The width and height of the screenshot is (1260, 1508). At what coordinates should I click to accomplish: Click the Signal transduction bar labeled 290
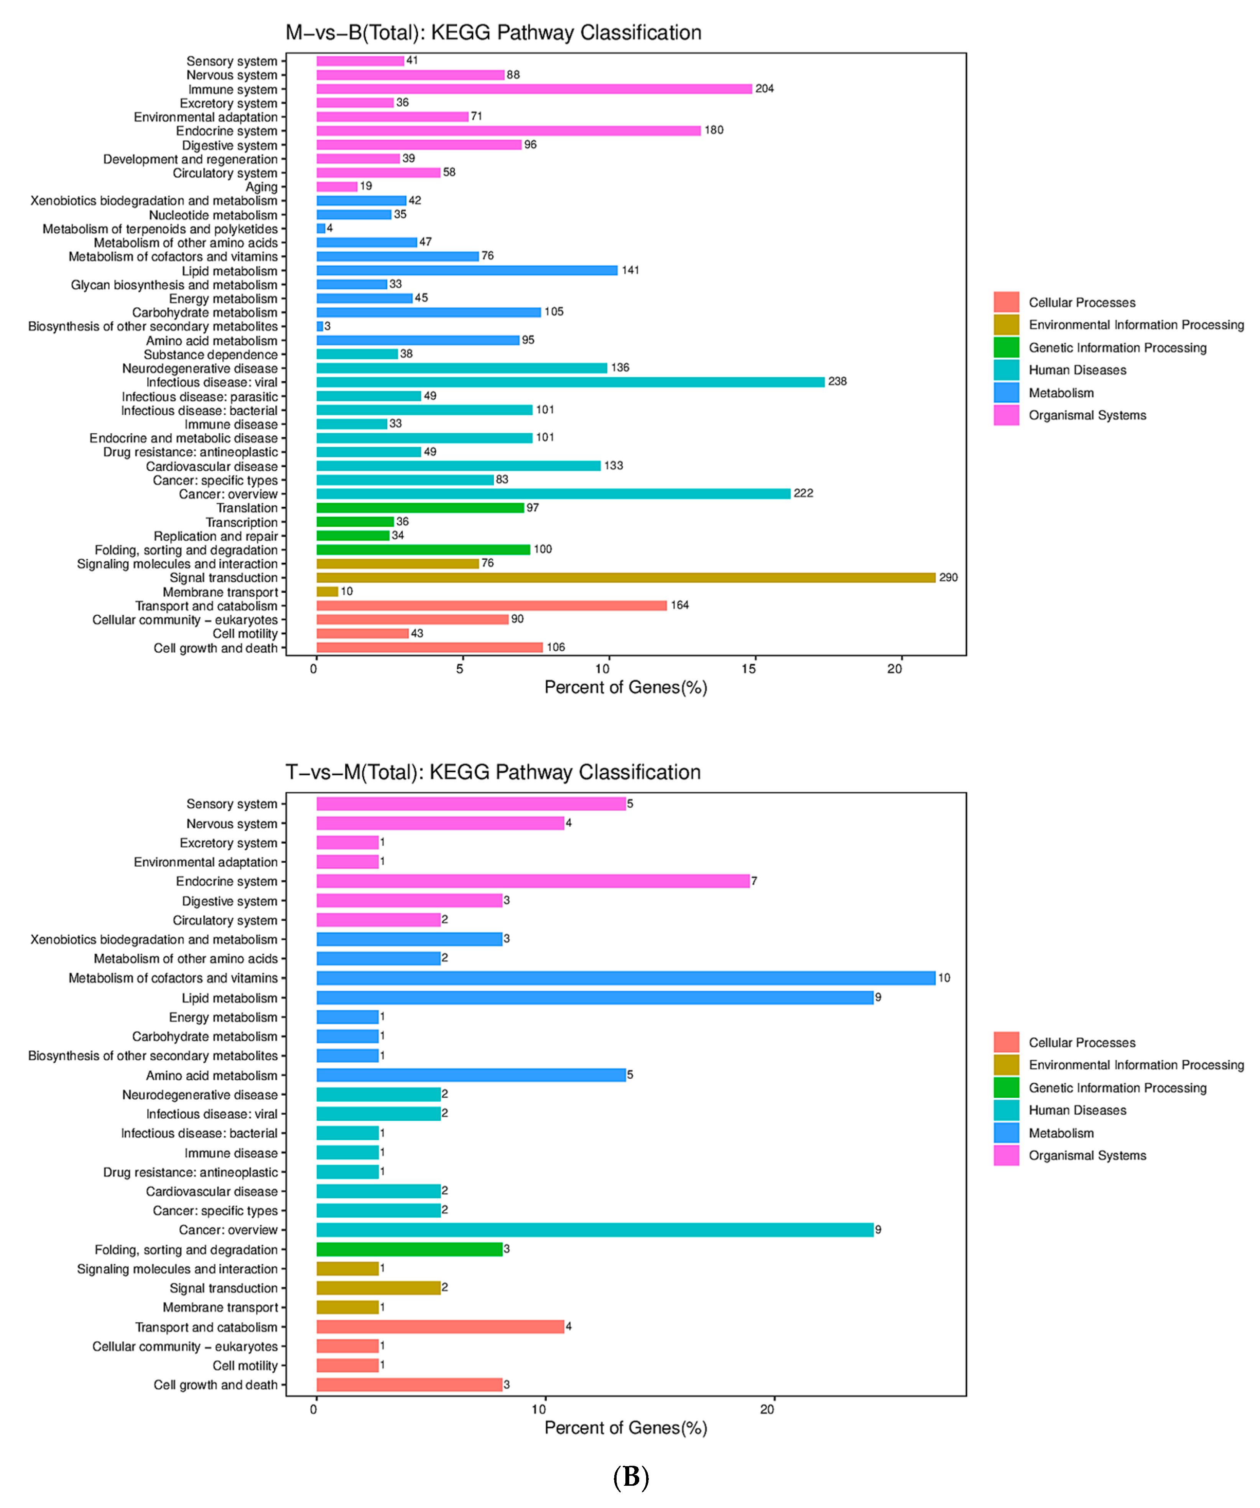(625, 577)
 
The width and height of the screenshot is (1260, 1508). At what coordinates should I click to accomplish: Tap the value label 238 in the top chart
(837, 381)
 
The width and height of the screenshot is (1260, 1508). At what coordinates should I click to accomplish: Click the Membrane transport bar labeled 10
(327, 592)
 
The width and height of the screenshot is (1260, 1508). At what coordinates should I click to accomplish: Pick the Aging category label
(262, 187)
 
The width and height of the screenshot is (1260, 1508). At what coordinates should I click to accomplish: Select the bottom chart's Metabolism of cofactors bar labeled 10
(625, 978)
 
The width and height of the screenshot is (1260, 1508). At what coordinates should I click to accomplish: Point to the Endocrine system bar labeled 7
(533, 881)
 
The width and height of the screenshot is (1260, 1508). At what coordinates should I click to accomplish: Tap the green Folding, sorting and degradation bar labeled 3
(409, 1249)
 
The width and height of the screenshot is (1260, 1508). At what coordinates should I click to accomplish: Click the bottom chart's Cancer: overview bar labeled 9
(594, 1230)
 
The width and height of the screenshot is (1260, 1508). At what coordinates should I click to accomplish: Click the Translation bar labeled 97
(420, 508)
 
